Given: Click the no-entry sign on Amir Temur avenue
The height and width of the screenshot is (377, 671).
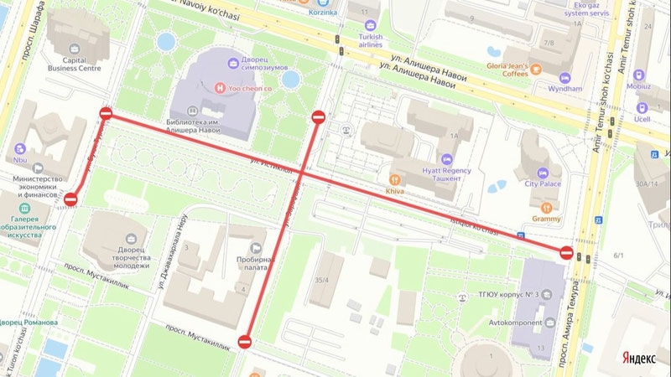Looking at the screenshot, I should [x=566, y=252].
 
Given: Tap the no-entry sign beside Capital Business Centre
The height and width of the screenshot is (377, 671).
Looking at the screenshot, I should [x=106, y=113].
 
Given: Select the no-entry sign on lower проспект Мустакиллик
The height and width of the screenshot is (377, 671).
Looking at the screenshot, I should [x=244, y=341].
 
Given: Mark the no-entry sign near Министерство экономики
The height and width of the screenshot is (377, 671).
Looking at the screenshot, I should [x=70, y=199].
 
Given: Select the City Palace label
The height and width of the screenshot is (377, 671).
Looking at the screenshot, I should [x=543, y=183].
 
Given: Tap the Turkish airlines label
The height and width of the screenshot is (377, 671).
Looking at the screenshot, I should [x=370, y=42].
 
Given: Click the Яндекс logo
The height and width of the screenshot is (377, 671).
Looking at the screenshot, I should [x=638, y=358].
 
